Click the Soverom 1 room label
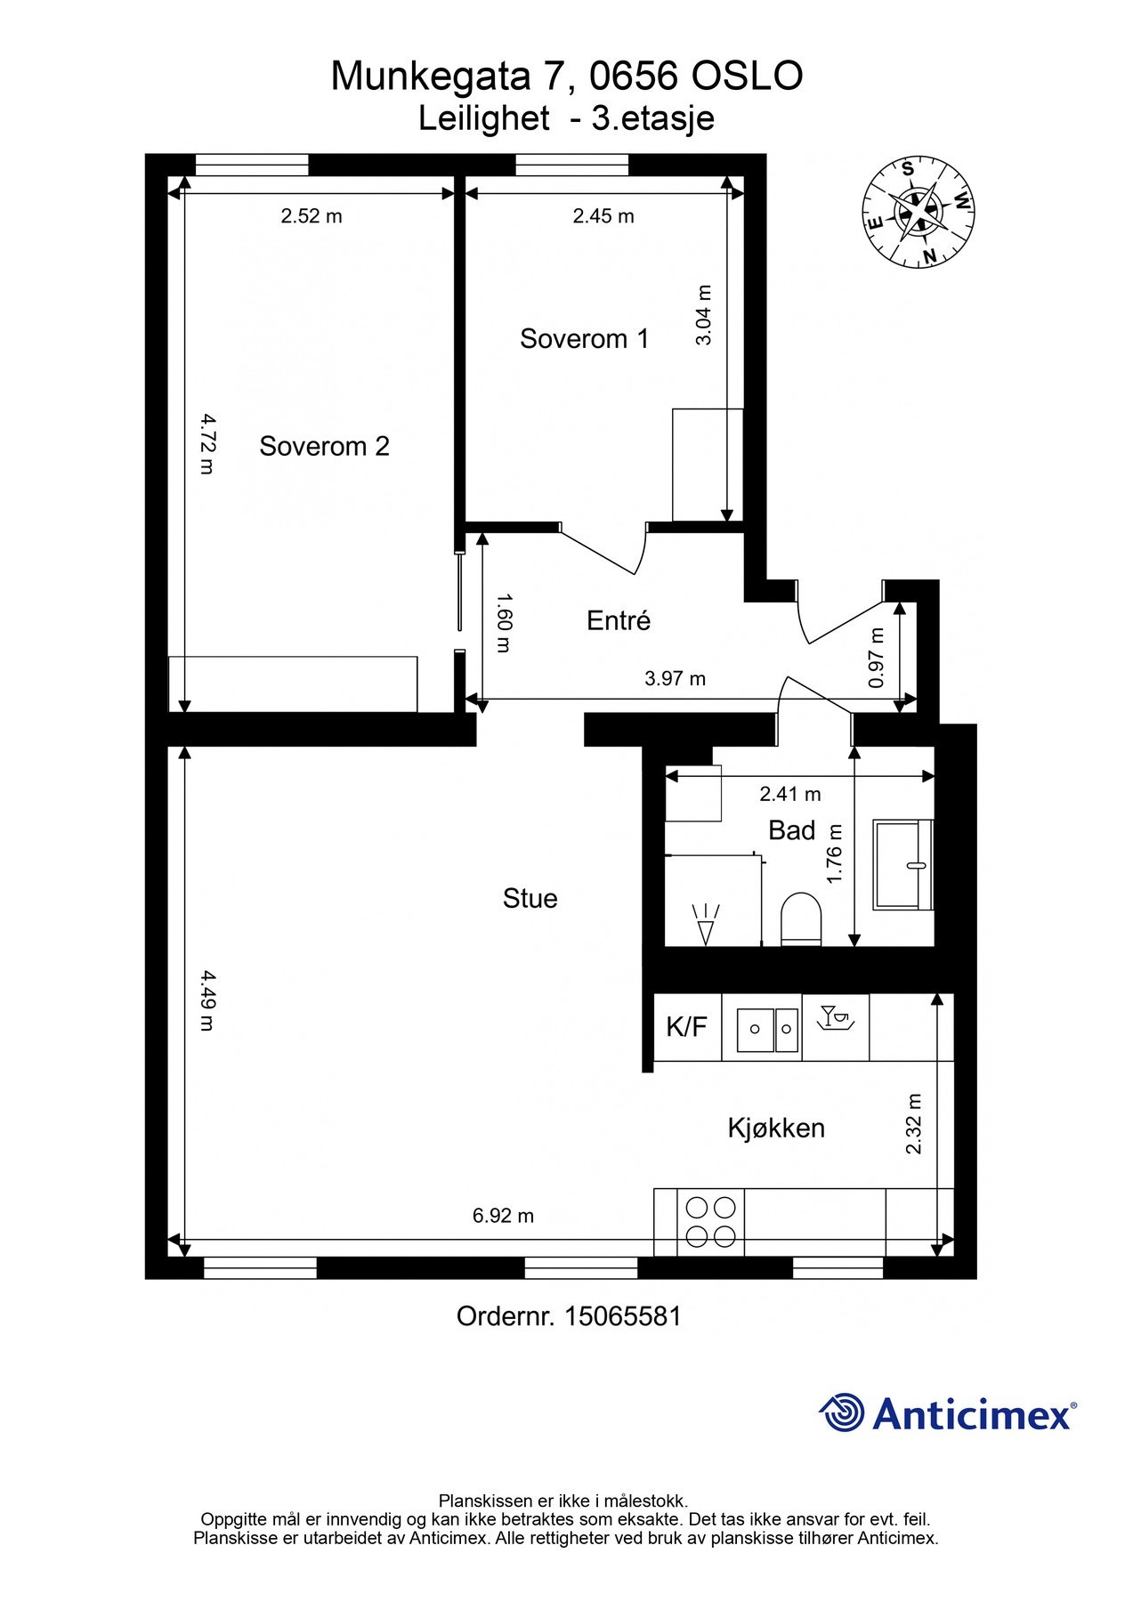(x=584, y=339)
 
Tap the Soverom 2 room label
(x=324, y=446)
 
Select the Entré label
(x=619, y=620)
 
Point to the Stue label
(x=530, y=898)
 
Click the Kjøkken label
(x=776, y=1128)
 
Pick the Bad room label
(x=791, y=830)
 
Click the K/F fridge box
(x=686, y=1027)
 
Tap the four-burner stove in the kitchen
(x=710, y=1222)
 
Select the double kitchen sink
(x=768, y=1029)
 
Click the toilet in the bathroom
(x=800, y=918)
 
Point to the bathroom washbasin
(x=902, y=864)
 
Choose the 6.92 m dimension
(x=503, y=1216)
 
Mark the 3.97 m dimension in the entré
(x=675, y=679)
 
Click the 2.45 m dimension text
(x=603, y=216)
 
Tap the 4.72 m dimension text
(x=206, y=443)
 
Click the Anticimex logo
(x=947, y=1412)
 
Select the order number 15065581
(x=622, y=1316)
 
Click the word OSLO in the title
(x=747, y=77)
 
